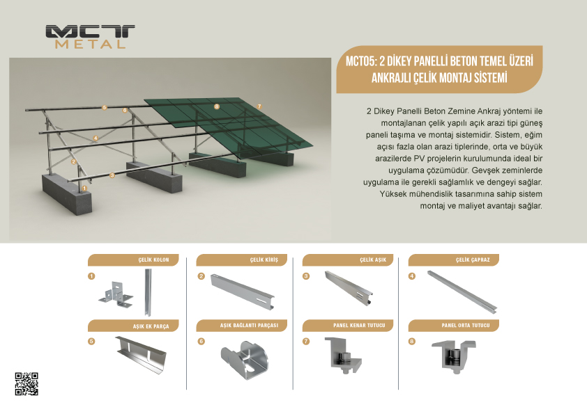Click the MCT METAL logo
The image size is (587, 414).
click(90, 37)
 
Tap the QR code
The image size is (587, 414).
click(26, 384)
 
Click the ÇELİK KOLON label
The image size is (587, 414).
click(153, 260)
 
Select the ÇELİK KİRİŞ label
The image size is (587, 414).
click(264, 260)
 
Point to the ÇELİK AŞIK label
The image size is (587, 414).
click(373, 260)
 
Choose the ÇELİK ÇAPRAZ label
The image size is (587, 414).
click(473, 260)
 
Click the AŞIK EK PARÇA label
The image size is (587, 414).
click(151, 326)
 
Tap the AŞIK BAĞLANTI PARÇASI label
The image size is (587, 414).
click(249, 326)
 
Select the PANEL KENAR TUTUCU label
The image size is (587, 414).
click(359, 326)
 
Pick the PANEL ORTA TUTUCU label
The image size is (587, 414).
click(465, 326)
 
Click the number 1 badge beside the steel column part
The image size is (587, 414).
click(91, 276)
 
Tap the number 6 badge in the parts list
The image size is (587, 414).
click(201, 341)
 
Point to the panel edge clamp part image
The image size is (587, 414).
click(344, 356)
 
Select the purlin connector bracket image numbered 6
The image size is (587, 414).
click(245, 360)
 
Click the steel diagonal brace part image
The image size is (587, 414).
click(463, 292)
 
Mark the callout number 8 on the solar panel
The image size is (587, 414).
click(216, 106)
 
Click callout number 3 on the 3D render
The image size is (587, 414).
click(112, 175)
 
